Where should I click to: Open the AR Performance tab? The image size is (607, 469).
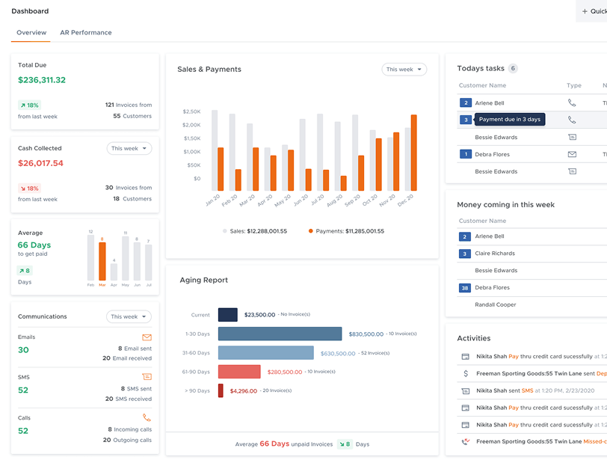tap(86, 33)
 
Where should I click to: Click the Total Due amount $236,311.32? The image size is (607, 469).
tap(42, 80)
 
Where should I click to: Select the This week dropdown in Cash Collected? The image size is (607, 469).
tap(129, 149)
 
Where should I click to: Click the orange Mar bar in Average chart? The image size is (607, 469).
tap(102, 261)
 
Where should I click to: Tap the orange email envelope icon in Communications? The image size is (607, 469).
tap(147, 337)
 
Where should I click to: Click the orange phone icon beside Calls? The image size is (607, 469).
tap(147, 418)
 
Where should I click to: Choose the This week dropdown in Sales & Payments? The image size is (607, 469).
tap(404, 70)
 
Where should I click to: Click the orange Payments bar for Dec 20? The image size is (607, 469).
tap(413, 153)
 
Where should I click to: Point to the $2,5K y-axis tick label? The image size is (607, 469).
tap(191, 111)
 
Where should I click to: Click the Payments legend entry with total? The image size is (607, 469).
tap(346, 231)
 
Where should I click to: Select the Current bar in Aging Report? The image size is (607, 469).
tap(228, 315)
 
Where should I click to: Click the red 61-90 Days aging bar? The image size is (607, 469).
tap(239, 372)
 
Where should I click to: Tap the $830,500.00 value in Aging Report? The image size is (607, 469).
tap(366, 334)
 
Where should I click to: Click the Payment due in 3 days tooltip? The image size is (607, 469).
tap(510, 120)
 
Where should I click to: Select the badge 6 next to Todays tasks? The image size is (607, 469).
tap(513, 69)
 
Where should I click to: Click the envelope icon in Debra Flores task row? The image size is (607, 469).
tap(572, 154)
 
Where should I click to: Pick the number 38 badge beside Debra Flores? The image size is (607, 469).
tap(465, 287)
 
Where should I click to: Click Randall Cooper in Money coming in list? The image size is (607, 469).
tap(496, 304)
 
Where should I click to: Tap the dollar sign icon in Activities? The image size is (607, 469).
tap(465, 373)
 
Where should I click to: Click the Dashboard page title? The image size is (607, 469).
tap(30, 11)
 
